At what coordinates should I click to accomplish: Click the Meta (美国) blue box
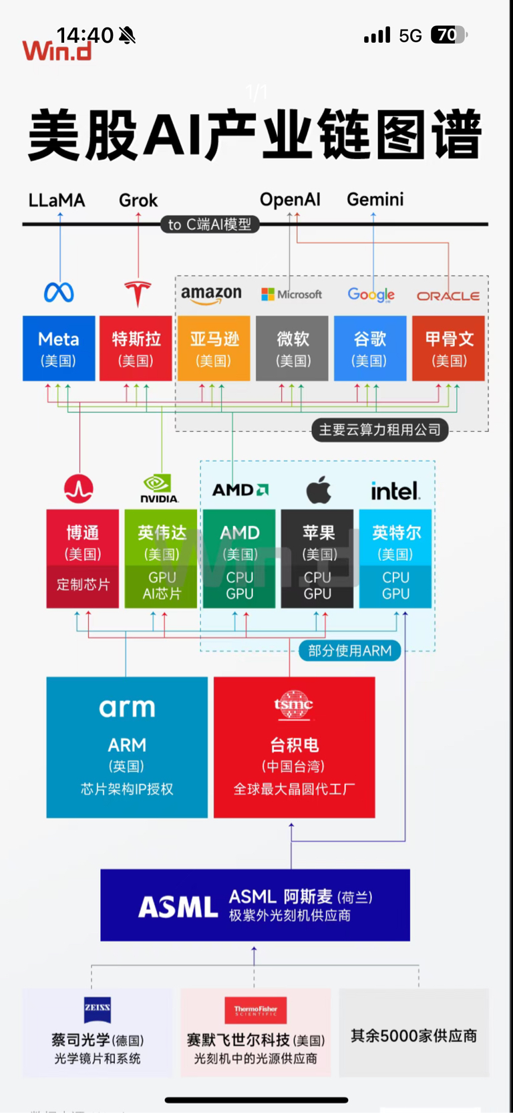59,348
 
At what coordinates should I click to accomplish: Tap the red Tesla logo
138,293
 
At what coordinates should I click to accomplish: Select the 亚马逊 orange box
214,348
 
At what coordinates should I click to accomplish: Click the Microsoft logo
291,294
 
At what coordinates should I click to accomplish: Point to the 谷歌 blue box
370,348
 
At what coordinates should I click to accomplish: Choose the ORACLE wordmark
448,295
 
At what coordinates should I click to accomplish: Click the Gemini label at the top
375,199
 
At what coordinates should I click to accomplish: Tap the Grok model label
138,200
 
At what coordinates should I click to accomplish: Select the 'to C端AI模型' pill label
210,225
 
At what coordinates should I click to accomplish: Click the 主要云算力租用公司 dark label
379,430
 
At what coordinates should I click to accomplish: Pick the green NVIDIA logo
159,488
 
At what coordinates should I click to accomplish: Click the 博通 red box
83,558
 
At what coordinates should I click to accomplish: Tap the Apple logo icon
319,490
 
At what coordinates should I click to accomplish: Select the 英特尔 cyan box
395,558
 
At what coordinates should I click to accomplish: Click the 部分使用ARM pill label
349,650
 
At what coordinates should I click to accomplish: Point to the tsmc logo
293,705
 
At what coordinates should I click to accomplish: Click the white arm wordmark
127,707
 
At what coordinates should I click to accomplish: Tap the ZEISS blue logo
98,1009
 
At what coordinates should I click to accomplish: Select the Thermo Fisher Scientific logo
255,1010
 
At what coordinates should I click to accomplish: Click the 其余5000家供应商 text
413,1035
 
